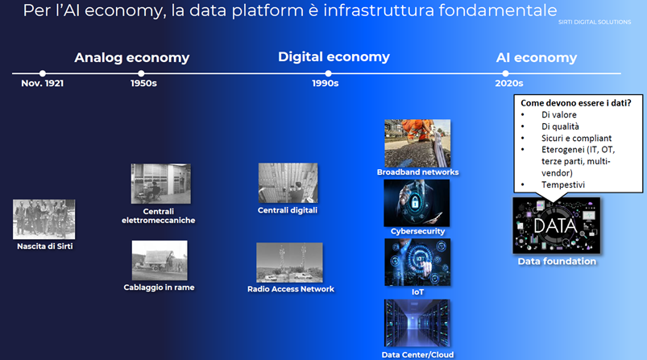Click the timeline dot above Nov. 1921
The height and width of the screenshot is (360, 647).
(43, 73)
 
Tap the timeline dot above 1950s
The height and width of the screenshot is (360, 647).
(141, 73)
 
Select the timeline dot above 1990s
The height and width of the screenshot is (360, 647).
(328, 73)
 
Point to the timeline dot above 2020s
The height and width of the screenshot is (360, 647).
(505, 73)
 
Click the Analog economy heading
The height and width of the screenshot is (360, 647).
(131, 58)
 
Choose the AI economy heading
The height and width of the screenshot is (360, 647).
(537, 58)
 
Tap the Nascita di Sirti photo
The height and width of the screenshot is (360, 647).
(44, 219)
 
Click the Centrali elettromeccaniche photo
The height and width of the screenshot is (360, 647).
(161, 184)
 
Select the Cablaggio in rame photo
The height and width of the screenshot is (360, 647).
(160, 261)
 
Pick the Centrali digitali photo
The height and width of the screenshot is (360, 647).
(288, 183)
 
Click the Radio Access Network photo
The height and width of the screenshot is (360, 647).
(290, 263)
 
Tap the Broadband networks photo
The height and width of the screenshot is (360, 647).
(417, 143)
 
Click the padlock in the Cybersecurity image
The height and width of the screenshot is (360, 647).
(415, 202)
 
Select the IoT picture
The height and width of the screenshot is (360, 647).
(417, 263)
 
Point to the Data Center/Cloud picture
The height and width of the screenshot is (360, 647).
(417, 323)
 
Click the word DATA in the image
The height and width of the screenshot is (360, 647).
(555, 226)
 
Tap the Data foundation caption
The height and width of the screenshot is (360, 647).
(557, 262)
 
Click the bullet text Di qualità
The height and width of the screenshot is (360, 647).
(560, 126)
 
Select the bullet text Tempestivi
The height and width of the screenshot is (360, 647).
(563, 184)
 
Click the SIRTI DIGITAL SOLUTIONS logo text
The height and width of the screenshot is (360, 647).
(595, 23)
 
